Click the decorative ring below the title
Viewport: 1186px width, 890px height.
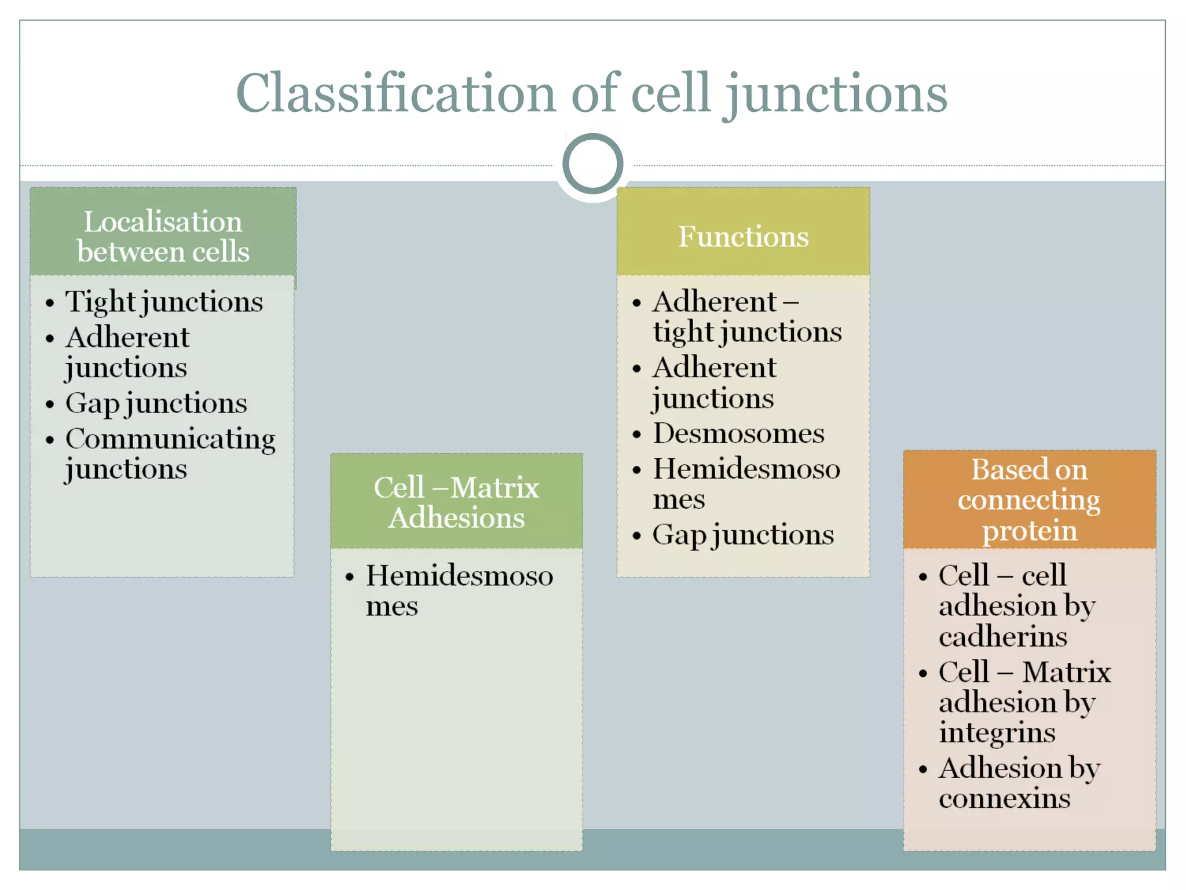(592, 163)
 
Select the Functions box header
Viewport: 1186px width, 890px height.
(743, 236)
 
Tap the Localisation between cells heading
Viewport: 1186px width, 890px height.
(163, 236)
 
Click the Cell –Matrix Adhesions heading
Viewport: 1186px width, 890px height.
(456, 502)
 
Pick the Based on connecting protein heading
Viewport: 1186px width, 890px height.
(1029, 499)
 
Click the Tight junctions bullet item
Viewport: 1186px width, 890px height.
(164, 302)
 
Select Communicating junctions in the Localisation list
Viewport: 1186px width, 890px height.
(170, 453)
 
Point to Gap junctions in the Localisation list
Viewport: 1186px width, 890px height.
(156, 403)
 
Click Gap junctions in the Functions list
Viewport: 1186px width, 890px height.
(743, 535)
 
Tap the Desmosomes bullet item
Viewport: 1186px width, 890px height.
(738, 433)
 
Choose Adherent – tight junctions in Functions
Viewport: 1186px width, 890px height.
(746, 316)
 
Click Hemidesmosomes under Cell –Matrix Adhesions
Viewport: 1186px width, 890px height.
(459, 590)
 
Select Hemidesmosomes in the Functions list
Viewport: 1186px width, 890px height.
(746, 483)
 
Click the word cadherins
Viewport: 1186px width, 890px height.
(1003, 637)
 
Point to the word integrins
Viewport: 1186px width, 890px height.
(997, 733)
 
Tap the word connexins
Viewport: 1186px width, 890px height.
(1005, 798)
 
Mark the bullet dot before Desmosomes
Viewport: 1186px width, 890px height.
(637, 435)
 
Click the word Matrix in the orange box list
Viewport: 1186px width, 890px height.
(1066, 672)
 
